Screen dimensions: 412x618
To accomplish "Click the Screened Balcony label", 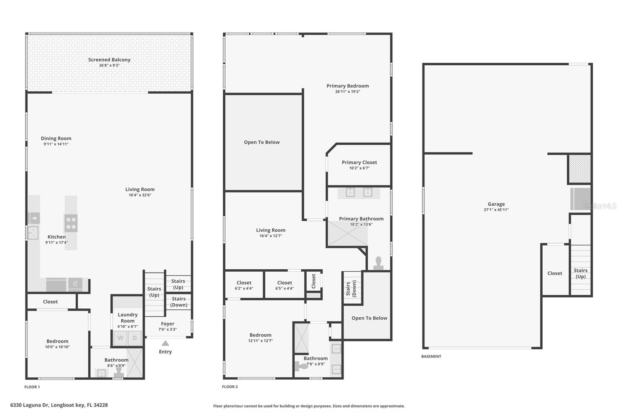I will tap(109, 60).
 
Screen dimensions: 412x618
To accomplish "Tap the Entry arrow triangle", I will tap(165, 343).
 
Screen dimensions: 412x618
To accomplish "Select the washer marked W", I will tap(121, 338).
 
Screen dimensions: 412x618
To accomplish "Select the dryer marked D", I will tap(135, 338).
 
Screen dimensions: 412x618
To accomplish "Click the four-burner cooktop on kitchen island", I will tap(71, 223).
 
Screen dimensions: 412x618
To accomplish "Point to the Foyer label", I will tap(168, 324).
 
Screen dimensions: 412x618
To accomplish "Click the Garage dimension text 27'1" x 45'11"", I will tap(496, 210).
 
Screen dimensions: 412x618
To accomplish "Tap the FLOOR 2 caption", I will tap(230, 386).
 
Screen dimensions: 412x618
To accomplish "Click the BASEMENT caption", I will tap(431, 356).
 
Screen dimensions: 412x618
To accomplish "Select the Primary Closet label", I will tap(359, 162).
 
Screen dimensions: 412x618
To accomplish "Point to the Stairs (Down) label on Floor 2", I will tap(351, 288).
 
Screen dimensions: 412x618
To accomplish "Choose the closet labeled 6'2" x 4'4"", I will tap(244, 285).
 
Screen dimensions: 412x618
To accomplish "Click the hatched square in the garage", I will tap(580, 169).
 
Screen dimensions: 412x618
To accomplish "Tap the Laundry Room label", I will tap(127, 318).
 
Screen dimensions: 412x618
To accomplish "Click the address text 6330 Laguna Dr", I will tap(59, 405).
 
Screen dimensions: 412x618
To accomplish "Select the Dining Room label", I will tap(56, 138).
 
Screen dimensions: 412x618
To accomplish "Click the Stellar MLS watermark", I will tap(599, 206).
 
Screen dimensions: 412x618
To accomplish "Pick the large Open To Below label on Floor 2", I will tap(261, 142).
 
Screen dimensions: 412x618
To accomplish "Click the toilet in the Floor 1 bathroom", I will tap(119, 372).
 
